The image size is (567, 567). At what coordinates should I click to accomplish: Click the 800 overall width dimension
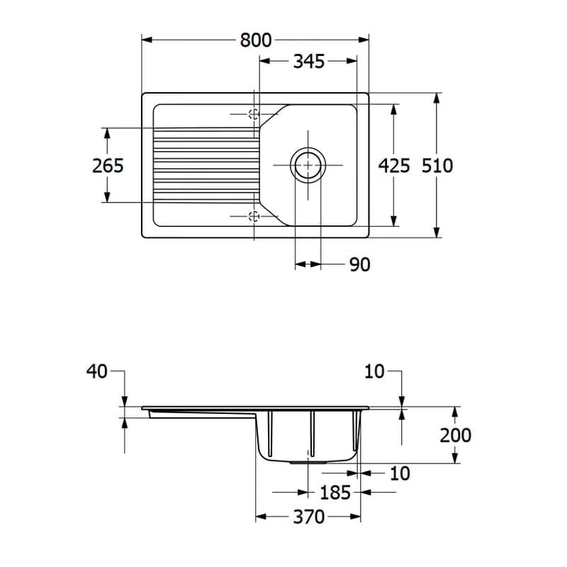[x=256, y=40]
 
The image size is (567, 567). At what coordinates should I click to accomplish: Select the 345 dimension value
[x=309, y=61]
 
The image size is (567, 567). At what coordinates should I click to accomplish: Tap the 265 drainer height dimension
[x=108, y=166]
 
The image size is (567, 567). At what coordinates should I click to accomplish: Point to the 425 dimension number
[x=394, y=166]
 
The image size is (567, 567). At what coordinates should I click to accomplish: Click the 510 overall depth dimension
[x=437, y=166]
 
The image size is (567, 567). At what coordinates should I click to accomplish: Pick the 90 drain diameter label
[x=360, y=264]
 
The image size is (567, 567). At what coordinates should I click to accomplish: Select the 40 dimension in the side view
[x=97, y=371]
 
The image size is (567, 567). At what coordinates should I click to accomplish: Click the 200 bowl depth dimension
[x=455, y=435]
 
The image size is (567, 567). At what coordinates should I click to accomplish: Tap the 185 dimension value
[x=335, y=492]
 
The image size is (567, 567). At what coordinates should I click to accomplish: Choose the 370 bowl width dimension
[x=309, y=517]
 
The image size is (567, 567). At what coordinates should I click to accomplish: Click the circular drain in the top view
[x=308, y=165]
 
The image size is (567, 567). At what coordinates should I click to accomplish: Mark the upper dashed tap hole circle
[x=254, y=114]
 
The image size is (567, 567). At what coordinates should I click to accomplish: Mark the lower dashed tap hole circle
[x=254, y=217]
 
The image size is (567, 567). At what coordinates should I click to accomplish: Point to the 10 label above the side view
[x=374, y=371]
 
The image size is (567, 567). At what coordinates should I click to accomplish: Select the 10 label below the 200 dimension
[x=400, y=473]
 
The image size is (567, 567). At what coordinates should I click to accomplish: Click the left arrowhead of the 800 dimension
[x=147, y=40]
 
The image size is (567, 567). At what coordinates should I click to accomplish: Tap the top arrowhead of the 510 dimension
[x=437, y=99]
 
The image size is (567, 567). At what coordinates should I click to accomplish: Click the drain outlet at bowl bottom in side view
[x=308, y=462]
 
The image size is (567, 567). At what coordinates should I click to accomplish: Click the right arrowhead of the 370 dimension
[x=356, y=517]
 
